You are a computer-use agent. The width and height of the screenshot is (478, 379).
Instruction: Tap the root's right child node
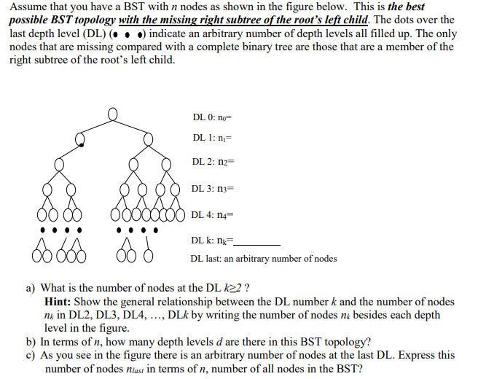(142, 138)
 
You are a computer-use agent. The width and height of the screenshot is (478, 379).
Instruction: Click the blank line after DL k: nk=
(255, 242)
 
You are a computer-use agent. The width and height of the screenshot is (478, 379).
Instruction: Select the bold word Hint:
(58, 301)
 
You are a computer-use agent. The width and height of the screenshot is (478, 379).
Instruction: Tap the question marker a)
(31, 288)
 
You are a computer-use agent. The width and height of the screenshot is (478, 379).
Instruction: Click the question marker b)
(31, 341)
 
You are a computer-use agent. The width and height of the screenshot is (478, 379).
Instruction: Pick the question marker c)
(31, 355)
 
